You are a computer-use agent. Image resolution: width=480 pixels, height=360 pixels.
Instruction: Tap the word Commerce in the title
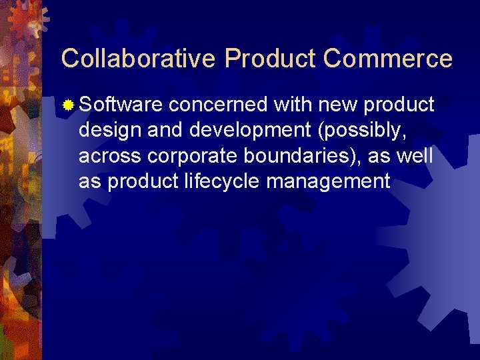(x=387, y=59)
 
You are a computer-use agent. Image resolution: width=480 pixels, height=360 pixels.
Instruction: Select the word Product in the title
(x=270, y=59)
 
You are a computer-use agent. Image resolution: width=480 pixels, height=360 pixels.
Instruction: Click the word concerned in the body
(x=218, y=105)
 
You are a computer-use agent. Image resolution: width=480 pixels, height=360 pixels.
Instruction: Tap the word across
(x=109, y=156)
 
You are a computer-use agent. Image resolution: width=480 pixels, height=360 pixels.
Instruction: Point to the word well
(x=418, y=156)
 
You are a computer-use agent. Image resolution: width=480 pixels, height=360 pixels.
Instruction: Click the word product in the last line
(x=142, y=181)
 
